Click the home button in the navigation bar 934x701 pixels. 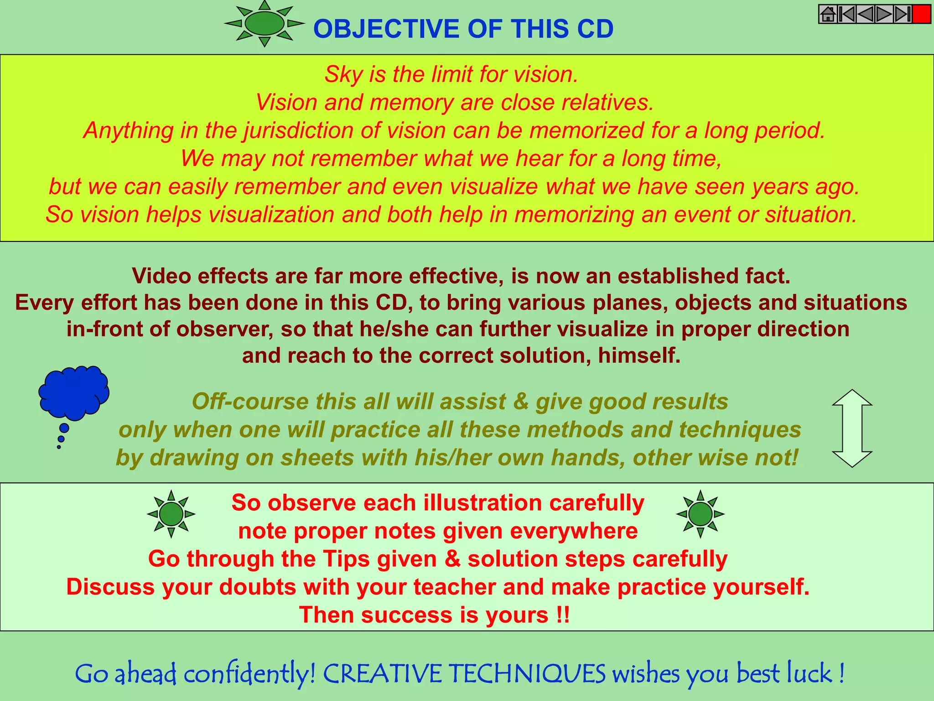tap(828, 14)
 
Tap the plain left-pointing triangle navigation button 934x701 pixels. tap(865, 14)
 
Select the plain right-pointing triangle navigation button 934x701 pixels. tap(884, 14)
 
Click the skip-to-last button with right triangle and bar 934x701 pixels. tap(903, 14)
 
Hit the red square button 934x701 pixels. tap(921, 14)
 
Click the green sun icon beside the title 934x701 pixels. tap(265, 23)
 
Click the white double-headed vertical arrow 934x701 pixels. tap(852, 428)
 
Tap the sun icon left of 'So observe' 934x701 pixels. tap(171, 514)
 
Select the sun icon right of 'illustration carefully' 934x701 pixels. tap(700, 514)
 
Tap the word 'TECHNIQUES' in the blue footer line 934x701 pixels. tap(527, 674)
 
